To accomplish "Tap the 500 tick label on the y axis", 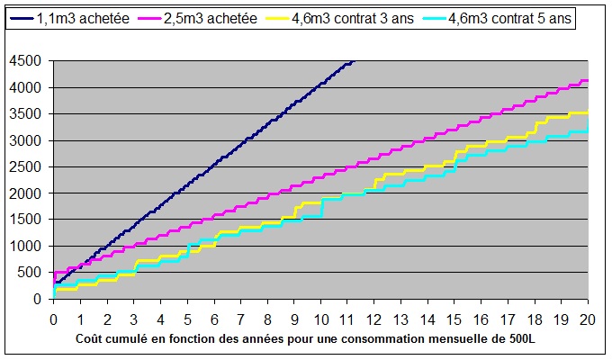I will pyautogui.click(x=35, y=273).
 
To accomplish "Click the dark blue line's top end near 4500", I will pyautogui.click(x=354, y=61).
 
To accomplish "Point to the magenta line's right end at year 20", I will pyautogui.click(x=588, y=81).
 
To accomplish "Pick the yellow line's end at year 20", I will pyautogui.click(x=588, y=112).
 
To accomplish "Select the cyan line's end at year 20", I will pyautogui.click(x=588, y=131).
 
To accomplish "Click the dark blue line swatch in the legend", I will pyautogui.click(x=24, y=18).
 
